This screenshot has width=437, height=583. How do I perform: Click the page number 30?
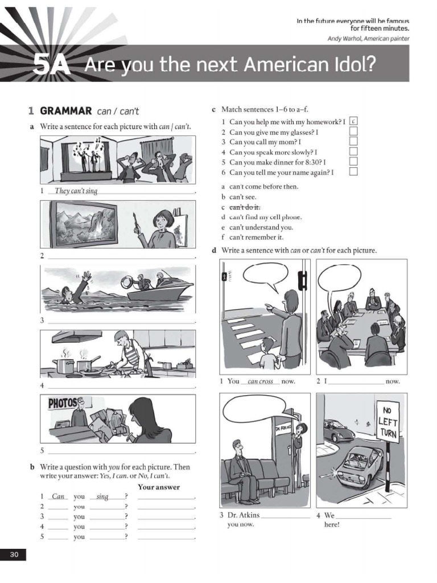coord(13,555)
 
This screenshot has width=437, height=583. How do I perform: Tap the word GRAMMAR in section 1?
coord(66,111)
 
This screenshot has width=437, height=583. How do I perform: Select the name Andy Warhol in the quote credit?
coord(344,39)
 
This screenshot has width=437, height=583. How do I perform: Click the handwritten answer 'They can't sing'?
coord(76,191)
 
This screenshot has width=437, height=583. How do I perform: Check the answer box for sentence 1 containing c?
coord(353,121)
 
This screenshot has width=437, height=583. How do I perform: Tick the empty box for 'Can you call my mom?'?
coord(353,142)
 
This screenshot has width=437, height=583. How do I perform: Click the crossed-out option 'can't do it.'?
coord(245,207)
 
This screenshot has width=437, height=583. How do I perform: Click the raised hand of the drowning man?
coord(85,277)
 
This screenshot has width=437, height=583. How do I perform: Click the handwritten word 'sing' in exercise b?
coord(102,496)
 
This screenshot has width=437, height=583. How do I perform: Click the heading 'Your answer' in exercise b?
coord(159,487)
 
